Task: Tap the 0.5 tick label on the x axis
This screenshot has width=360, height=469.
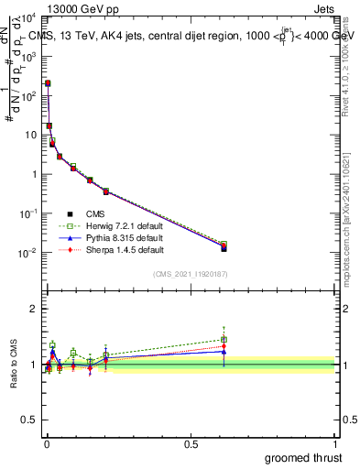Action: [x=191, y=443]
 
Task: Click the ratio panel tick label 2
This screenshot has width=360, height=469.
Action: [x=33, y=309]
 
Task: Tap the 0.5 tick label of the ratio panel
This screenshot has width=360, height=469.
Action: [x=29, y=421]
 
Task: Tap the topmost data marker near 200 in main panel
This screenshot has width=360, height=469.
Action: [x=47, y=83]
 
